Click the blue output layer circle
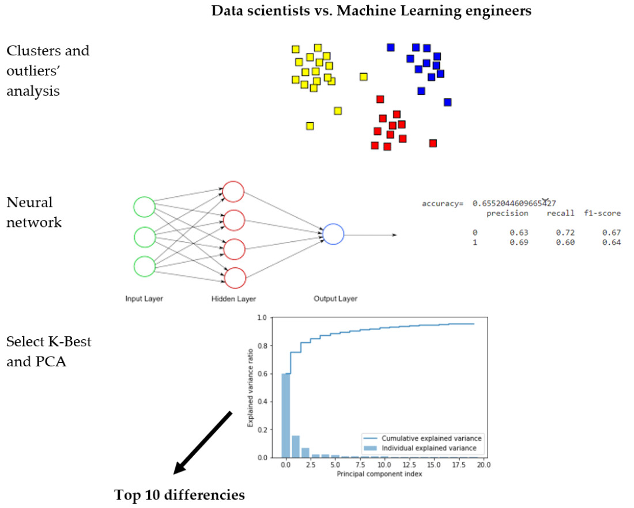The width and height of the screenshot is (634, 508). (x=333, y=234)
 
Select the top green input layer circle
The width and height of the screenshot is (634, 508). (x=144, y=207)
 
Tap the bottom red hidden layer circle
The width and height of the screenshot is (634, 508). (x=234, y=278)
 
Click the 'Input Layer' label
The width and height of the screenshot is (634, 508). (x=144, y=299)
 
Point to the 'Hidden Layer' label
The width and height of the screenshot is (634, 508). (x=233, y=299)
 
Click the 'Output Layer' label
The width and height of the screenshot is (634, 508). (x=335, y=299)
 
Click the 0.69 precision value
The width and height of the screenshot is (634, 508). (x=519, y=242)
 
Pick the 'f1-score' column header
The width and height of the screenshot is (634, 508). (x=602, y=213)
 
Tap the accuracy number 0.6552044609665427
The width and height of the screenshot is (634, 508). (x=514, y=203)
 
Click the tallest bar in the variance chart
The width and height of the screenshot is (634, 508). (x=285, y=415)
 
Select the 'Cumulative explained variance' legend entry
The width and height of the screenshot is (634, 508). (x=432, y=438)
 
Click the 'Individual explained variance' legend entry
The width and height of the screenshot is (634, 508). (x=432, y=448)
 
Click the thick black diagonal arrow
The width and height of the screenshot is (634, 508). (x=203, y=442)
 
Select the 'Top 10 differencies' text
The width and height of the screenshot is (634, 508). (x=179, y=495)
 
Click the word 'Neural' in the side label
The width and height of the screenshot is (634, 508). (x=29, y=203)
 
